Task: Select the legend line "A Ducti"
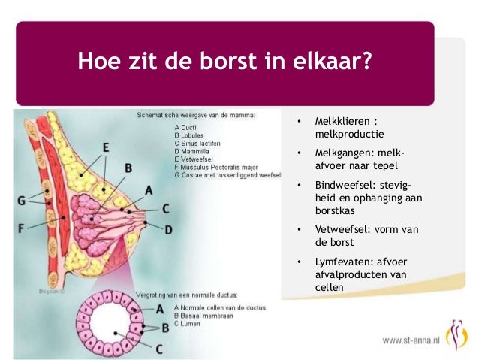coord(185,128)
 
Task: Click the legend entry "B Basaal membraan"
coord(203,316)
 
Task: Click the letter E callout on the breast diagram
coord(106,147)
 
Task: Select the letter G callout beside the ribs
coord(21,201)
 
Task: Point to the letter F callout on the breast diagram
coord(21,226)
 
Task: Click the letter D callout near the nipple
coord(168,228)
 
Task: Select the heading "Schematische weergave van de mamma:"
coord(195,116)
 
